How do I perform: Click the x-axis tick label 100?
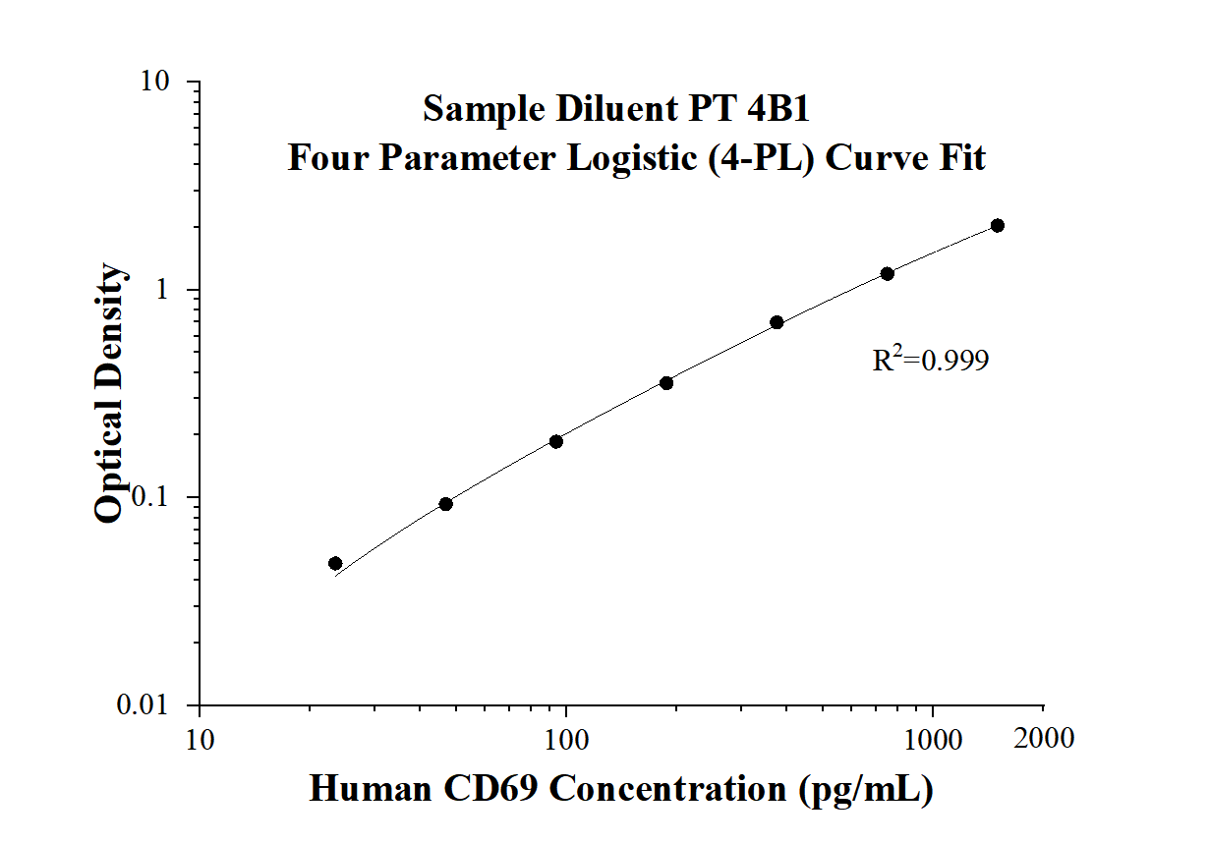coord(566,738)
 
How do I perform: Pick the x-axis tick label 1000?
coord(930,738)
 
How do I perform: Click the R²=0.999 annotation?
coord(930,362)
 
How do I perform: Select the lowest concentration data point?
coord(335,564)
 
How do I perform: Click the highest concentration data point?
coord(997,226)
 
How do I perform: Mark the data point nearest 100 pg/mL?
coord(556,441)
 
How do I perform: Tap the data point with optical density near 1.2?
coord(887,273)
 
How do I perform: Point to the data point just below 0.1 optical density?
coord(445,504)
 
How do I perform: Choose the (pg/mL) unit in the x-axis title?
coord(864,789)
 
